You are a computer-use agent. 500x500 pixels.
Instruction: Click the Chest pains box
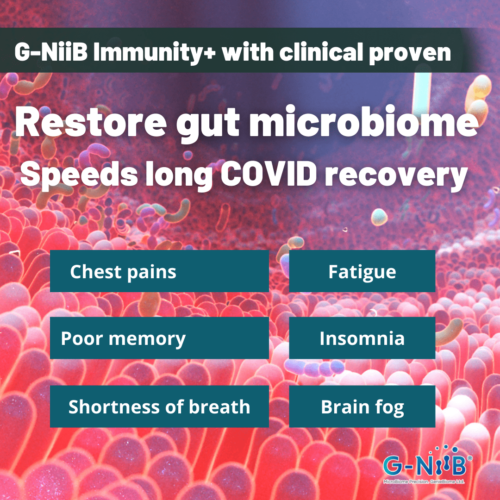(x=159, y=271)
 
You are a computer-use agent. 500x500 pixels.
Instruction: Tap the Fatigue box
(x=362, y=271)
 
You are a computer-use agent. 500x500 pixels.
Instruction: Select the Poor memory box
(x=159, y=338)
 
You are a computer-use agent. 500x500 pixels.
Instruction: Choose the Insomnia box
(x=362, y=338)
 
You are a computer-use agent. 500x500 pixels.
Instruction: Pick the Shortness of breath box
(x=159, y=406)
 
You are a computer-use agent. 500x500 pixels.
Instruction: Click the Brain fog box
(x=362, y=406)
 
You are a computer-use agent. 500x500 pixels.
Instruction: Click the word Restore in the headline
(x=91, y=122)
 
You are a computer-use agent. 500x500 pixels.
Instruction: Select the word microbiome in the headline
(x=363, y=122)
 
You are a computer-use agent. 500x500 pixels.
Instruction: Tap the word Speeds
(x=79, y=175)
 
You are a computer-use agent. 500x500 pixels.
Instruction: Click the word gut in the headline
(x=207, y=125)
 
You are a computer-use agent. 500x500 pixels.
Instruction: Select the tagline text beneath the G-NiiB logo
(x=424, y=481)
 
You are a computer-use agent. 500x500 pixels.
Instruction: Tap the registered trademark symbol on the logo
(x=469, y=458)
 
